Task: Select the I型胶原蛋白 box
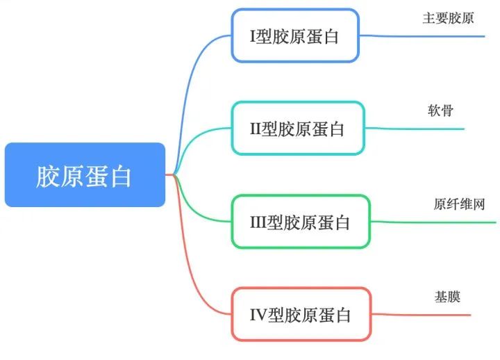[295, 35]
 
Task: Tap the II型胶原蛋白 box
[297, 129]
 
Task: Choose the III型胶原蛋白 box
[301, 222]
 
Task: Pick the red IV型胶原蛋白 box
[300, 315]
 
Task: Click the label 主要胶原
[448, 18]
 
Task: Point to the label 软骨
[440, 111]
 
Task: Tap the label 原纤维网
[458, 204]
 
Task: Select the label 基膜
[447, 297]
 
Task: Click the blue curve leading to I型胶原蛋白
[193, 83]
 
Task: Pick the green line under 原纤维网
[434, 222]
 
